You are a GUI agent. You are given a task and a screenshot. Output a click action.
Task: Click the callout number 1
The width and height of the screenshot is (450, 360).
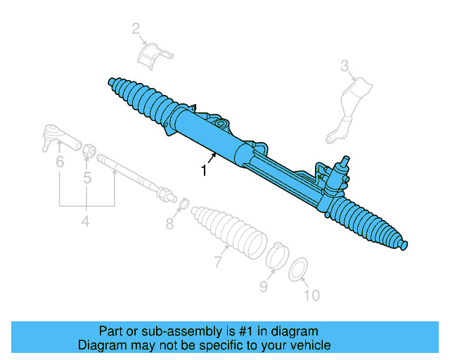pos(204,171)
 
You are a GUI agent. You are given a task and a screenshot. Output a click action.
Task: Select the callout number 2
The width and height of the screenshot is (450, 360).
pos(136,29)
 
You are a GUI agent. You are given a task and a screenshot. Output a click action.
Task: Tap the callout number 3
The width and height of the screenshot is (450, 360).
pos(345,67)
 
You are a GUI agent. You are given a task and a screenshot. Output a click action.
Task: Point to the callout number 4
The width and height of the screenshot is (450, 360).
pos(85,222)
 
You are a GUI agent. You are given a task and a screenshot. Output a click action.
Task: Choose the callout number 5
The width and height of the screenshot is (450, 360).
pos(87,179)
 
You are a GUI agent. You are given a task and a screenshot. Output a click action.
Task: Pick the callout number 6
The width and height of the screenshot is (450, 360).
pos(60,162)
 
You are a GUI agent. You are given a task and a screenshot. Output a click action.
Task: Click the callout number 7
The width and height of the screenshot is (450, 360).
pos(218,262)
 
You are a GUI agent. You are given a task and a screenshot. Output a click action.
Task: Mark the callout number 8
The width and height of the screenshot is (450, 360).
pos(169,224)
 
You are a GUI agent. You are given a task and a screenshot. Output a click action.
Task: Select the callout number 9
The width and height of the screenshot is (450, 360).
pos(264,286)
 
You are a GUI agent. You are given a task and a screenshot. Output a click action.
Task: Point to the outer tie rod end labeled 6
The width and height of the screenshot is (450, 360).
pos(56,134)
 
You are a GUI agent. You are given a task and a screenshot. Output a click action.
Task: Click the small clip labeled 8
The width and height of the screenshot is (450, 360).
pos(180,205)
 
